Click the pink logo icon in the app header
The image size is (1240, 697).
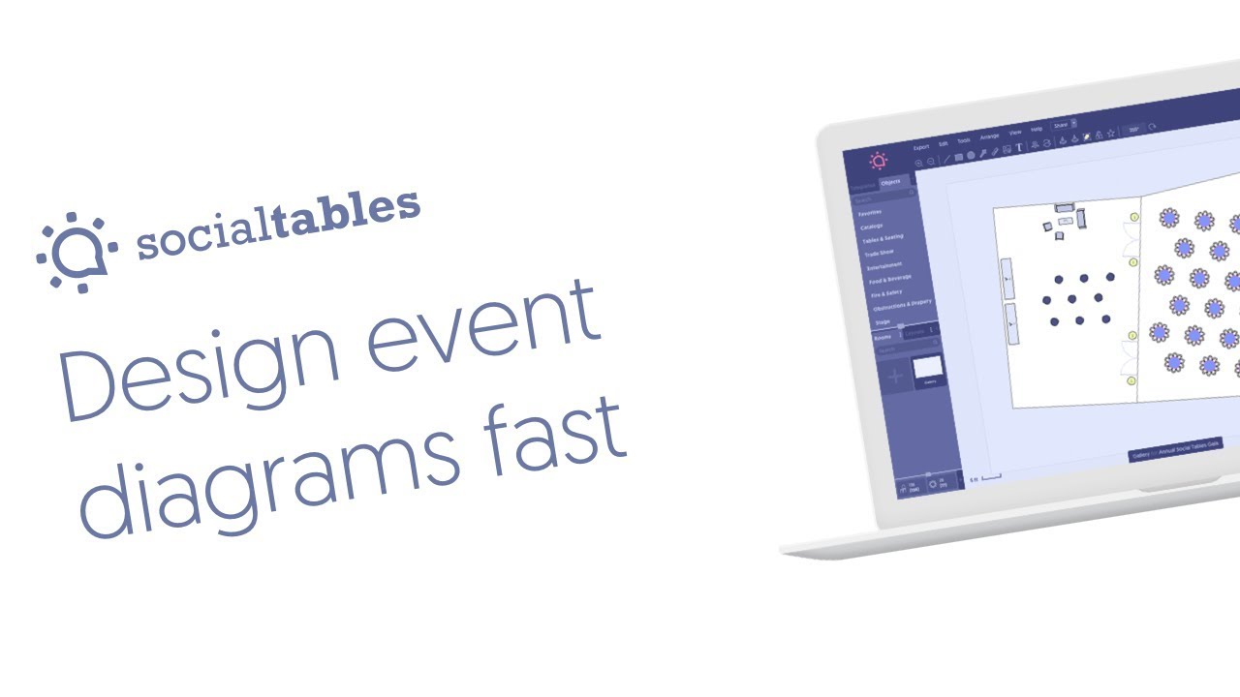(878, 161)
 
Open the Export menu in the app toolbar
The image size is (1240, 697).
(920, 147)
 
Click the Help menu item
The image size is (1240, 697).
(1036, 129)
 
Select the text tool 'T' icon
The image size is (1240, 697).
(1019, 147)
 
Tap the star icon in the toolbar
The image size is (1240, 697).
(1111, 133)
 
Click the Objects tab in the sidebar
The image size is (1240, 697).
(890, 182)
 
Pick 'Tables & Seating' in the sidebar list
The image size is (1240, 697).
(882, 237)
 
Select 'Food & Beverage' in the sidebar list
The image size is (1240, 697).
(889, 279)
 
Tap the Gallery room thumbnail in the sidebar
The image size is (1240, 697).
(927, 368)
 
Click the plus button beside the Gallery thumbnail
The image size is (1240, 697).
(894, 376)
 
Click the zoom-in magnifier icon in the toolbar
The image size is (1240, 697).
(918, 163)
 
